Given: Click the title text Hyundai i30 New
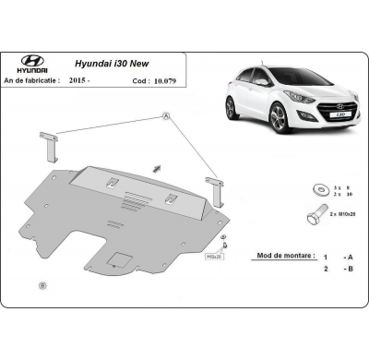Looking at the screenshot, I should [x=113, y=66].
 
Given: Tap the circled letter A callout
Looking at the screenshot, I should [x=166, y=116].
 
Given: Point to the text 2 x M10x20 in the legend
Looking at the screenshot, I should [x=340, y=214].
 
